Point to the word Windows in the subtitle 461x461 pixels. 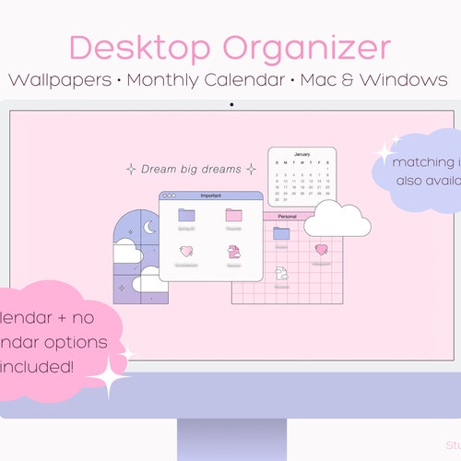[402, 79]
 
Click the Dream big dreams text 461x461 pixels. [190, 169]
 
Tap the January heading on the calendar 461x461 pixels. [302, 155]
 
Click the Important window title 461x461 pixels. [211, 195]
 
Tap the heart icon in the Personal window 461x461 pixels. [321, 249]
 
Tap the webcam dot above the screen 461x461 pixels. [230, 103]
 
